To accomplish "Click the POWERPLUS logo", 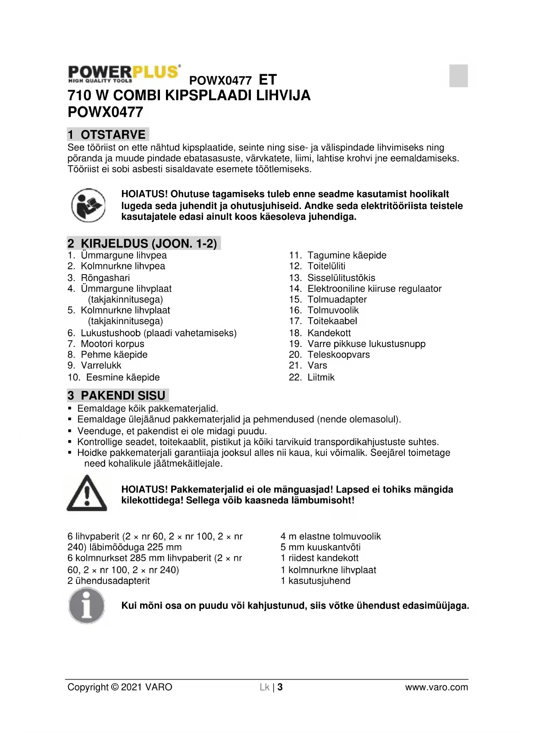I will tap(124, 74).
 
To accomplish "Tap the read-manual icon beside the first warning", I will tap(88, 205).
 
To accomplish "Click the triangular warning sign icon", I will tap(87, 494).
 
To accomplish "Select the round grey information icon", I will tap(87, 606).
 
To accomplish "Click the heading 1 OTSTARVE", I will tap(108, 134).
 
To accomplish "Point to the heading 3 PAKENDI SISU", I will tap(118, 395).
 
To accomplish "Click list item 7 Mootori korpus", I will tap(106, 344).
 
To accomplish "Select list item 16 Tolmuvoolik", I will tap(324, 310).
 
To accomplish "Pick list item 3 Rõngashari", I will tap(99, 278).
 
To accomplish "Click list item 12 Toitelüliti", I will tap(317, 266).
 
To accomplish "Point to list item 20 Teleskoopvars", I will tap(329, 355).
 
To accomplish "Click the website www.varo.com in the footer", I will tap(436, 687).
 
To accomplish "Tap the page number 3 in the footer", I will tap(280, 687).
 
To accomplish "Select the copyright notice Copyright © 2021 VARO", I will tap(120, 687).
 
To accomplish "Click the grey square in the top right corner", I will tap(458, 76).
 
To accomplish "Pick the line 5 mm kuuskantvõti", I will tap(320, 547).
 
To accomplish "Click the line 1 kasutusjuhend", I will tap(315, 581).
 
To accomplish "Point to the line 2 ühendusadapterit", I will tap(109, 581).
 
